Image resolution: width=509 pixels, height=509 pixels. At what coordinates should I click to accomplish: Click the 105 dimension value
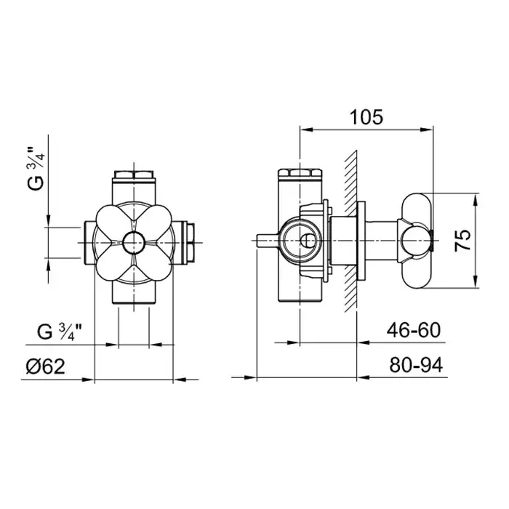[366, 117]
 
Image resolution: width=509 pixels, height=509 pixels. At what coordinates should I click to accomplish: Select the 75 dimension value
[462, 240]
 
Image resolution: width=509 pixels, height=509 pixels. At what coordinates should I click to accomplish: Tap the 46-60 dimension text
[414, 330]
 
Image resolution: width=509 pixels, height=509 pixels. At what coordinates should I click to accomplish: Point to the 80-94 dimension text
[416, 365]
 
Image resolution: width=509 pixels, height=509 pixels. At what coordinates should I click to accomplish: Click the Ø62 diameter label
[45, 366]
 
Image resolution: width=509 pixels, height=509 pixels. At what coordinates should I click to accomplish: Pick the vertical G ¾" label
[36, 169]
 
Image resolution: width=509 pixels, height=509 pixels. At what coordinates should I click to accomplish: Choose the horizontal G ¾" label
[60, 332]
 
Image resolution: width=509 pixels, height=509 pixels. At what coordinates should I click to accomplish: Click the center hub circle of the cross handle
[134, 243]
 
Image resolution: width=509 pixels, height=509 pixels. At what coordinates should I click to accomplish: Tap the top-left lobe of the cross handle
[113, 223]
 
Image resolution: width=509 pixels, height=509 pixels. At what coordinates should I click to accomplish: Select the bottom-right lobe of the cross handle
[154, 262]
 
